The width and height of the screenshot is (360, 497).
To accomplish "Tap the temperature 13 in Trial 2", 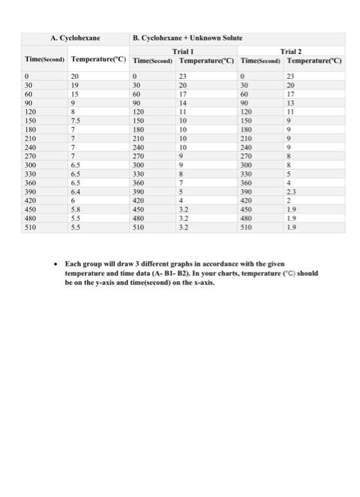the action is [301, 103].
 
